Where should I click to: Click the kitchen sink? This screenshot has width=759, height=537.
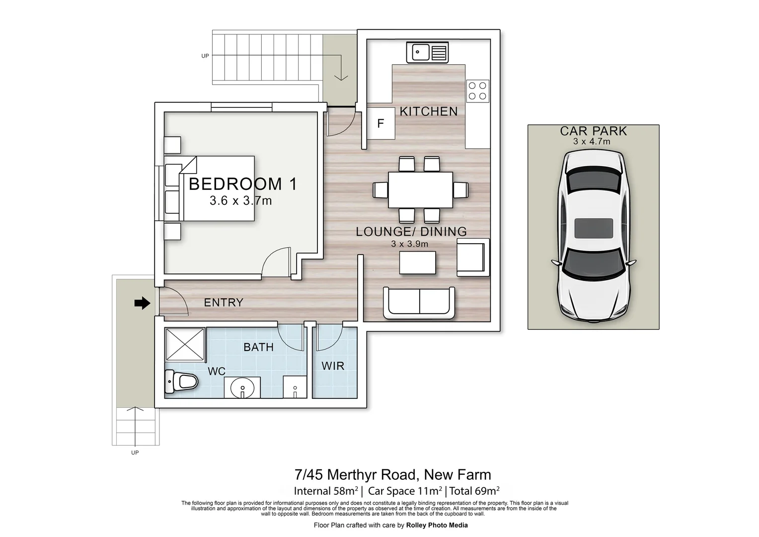(x=427, y=52)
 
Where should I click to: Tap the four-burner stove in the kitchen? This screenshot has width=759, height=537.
(x=477, y=91)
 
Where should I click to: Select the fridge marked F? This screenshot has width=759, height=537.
(x=381, y=123)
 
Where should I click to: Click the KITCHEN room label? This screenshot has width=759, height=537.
(x=429, y=111)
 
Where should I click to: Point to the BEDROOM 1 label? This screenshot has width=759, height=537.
(x=243, y=184)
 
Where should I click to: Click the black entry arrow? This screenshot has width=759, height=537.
(x=142, y=303)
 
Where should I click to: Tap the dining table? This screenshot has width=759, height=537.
(x=421, y=189)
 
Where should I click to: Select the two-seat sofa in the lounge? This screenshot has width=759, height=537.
(x=419, y=303)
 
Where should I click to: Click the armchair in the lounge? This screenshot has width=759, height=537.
(x=473, y=257)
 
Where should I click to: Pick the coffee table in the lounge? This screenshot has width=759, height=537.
(x=417, y=263)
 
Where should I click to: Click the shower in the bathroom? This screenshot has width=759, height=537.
(x=185, y=344)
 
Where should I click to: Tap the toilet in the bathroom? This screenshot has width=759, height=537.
(x=181, y=382)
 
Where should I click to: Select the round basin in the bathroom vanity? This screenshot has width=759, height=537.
(x=242, y=388)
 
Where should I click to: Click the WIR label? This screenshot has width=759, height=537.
(x=333, y=365)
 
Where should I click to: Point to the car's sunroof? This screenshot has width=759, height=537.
(x=594, y=228)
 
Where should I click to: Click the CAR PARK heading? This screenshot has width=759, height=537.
(x=593, y=131)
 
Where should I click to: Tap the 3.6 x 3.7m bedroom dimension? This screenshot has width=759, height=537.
(x=240, y=201)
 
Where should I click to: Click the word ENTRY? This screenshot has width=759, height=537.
(x=224, y=302)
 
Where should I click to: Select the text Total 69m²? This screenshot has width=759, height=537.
(x=474, y=491)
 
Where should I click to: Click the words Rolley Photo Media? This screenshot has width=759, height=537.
(x=437, y=525)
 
